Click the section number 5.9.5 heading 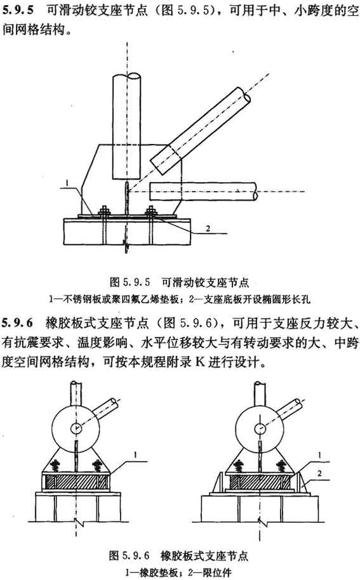tap(17, 10)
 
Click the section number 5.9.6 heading tap(17, 323)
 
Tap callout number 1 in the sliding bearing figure tap(67, 182)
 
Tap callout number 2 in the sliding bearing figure tap(208, 228)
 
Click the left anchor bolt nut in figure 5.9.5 tap(104, 211)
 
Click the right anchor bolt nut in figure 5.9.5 tap(150, 211)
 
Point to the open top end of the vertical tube tap(127, 77)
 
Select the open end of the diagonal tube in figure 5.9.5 tap(244, 95)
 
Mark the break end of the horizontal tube tap(255, 192)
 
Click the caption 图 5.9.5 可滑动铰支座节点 tap(180, 282)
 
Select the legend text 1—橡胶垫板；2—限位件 tap(178, 572)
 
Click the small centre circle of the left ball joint tap(76, 428)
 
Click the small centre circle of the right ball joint tap(260, 428)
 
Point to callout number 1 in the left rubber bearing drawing tap(135, 456)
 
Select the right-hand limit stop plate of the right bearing tap(302, 482)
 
